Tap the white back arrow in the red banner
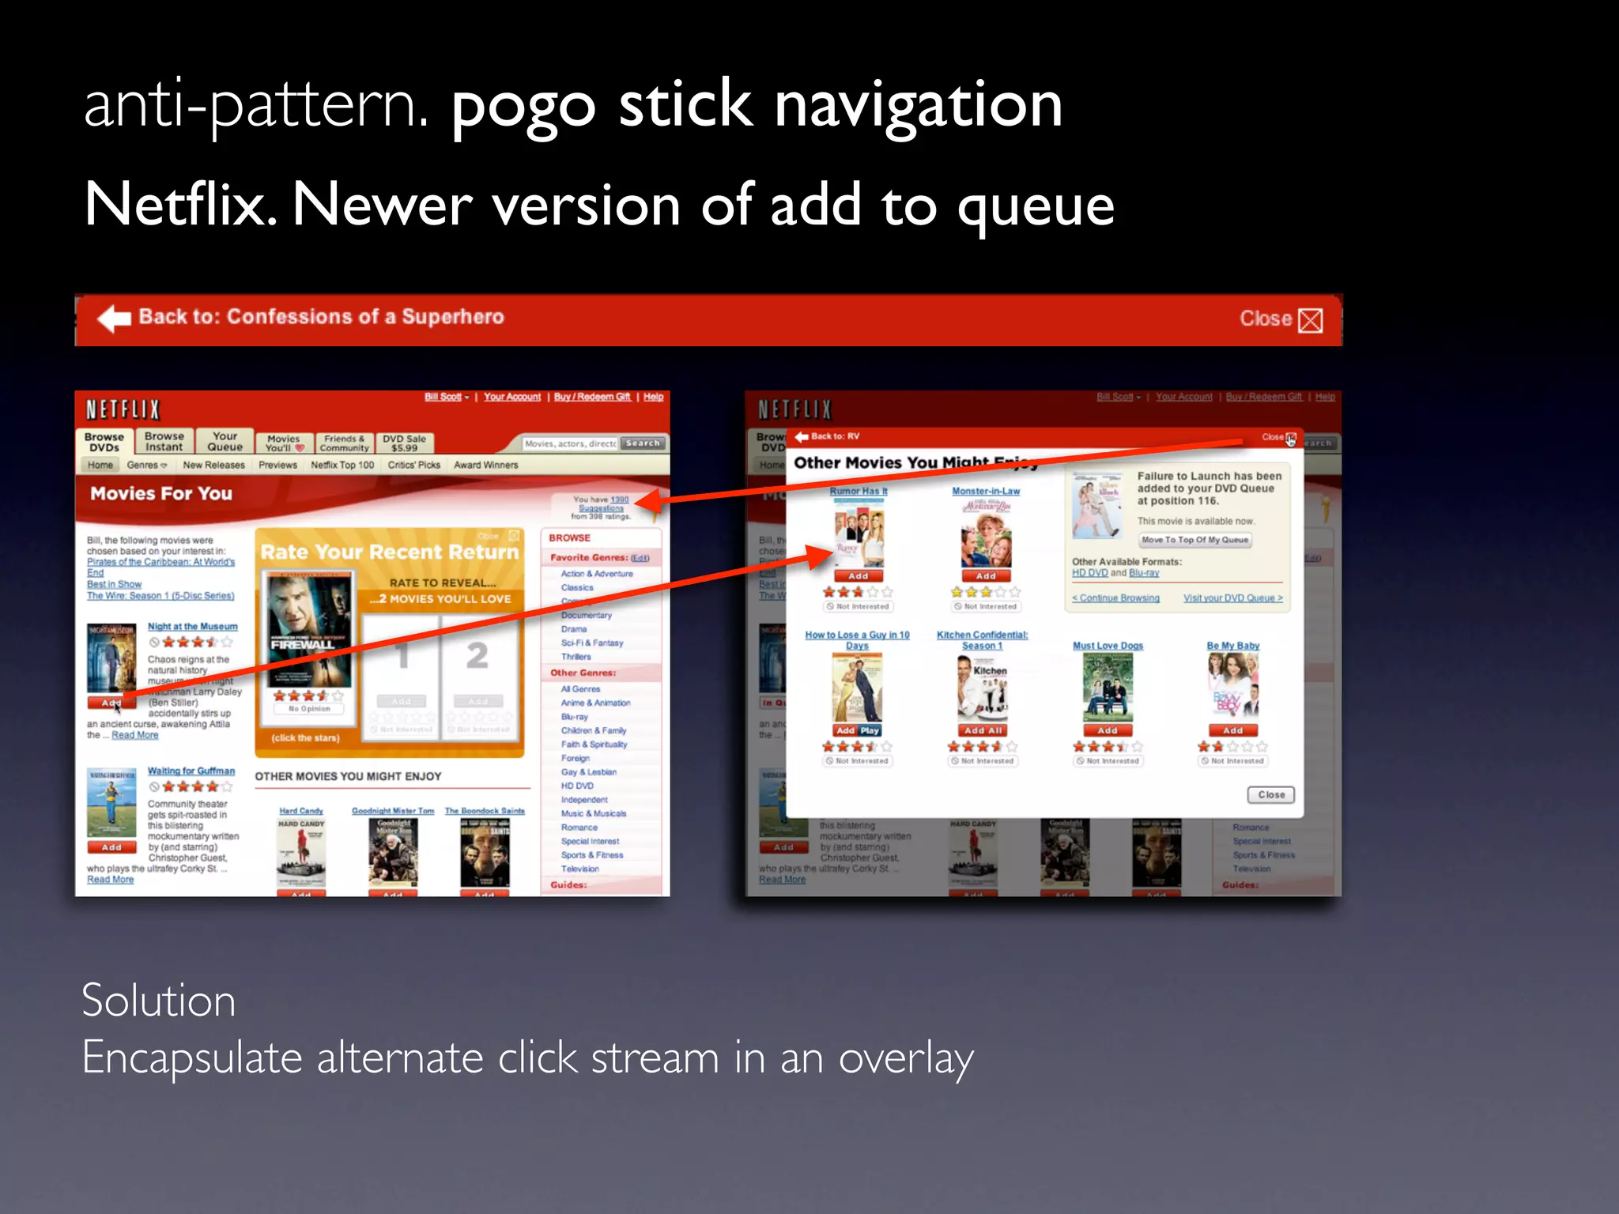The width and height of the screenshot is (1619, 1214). [x=114, y=319]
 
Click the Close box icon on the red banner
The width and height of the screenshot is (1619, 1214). [x=1310, y=320]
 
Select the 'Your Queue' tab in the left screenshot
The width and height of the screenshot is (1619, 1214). [x=225, y=442]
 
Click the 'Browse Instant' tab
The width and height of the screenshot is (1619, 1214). [x=164, y=442]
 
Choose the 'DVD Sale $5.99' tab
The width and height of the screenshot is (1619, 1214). [x=404, y=443]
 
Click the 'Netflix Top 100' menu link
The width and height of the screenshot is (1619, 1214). [x=342, y=466]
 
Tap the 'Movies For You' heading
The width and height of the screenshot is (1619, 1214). [x=161, y=494]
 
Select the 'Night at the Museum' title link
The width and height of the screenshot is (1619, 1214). [x=192, y=627]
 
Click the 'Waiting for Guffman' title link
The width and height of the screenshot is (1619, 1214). [x=191, y=771]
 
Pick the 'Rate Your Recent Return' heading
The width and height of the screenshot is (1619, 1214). [x=389, y=552]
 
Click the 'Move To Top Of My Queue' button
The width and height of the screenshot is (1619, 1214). [x=1194, y=541]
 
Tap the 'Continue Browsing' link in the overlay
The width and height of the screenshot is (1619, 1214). [x=1116, y=598]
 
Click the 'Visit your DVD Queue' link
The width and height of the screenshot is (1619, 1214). [x=1232, y=598]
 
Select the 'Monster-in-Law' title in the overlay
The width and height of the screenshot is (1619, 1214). [x=986, y=492]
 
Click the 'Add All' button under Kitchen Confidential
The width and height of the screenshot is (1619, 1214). [x=983, y=731]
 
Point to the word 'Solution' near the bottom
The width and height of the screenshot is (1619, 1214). [x=159, y=1001]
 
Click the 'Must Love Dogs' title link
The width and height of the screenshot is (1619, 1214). [x=1108, y=646]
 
